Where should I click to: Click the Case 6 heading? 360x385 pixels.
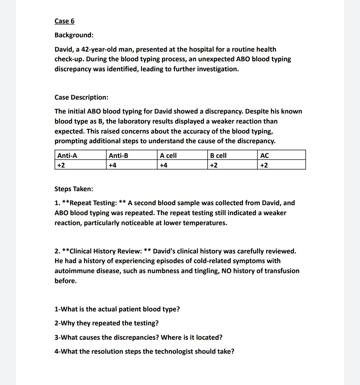(64, 21)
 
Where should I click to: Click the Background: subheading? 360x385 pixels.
(74, 35)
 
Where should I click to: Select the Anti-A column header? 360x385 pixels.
(67, 156)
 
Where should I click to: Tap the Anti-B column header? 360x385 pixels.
(118, 156)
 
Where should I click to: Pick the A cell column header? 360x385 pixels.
(168, 156)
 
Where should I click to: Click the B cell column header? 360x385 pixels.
(218, 156)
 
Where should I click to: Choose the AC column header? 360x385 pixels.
(264, 156)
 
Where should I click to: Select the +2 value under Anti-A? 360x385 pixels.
(61, 165)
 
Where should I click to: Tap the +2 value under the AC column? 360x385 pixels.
(264, 165)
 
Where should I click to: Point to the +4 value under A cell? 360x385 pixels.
(163, 165)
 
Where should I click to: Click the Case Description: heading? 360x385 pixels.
(81, 97)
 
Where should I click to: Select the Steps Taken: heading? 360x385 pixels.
(74, 189)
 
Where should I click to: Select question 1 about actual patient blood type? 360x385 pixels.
(117, 309)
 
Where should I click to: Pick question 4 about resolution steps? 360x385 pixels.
(144, 351)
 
